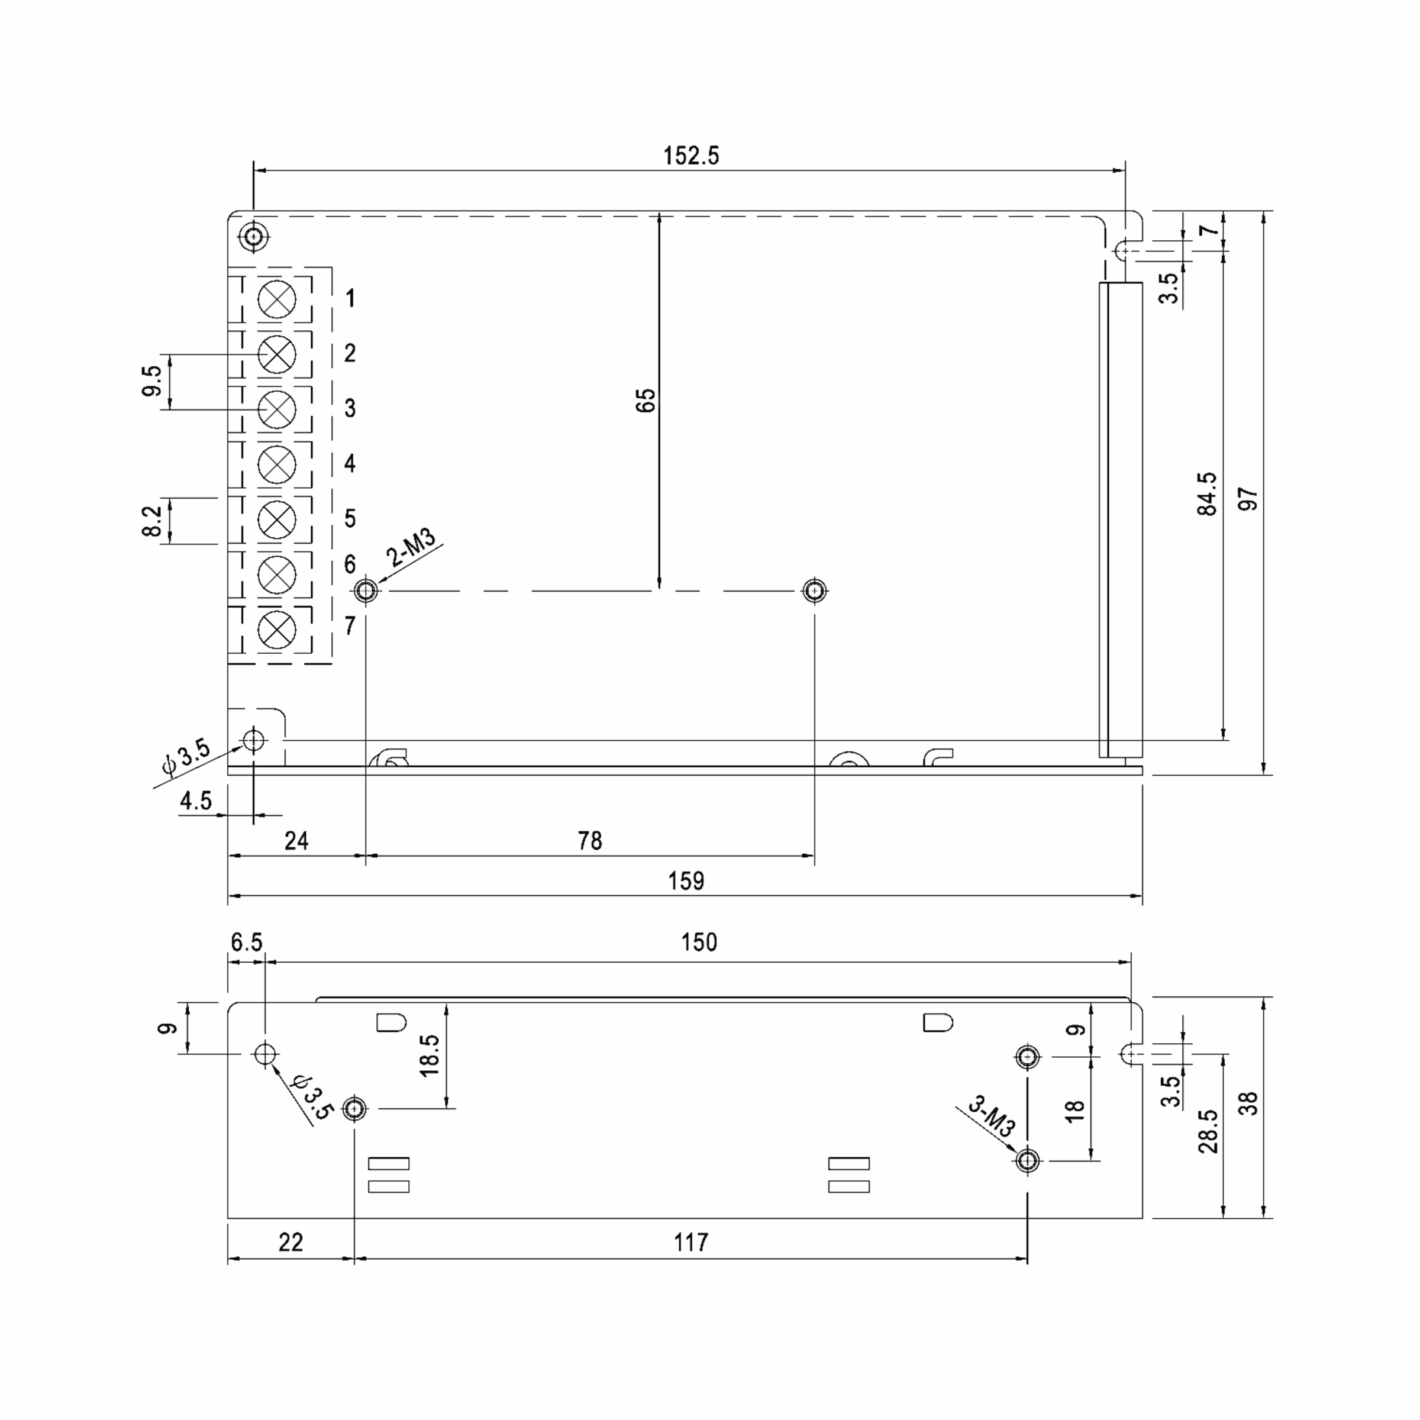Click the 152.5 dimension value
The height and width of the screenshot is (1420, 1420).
pyautogui.click(x=691, y=156)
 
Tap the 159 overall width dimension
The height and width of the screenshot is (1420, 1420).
pyautogui.click(x=686, y=880)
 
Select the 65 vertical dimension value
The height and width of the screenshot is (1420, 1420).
pyautogui.click(x=646, y=400)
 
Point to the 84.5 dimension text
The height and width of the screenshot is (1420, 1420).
pyautogui.click(x=1207, y=494)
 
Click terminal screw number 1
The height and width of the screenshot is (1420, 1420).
pyautogui.click(x=277, y=299)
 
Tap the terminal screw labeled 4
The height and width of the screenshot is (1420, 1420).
pyautogui.click(x=277, y=464)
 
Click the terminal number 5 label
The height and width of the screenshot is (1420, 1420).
pyautogui.click(x=350, y=518)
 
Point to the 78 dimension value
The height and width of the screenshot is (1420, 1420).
pyautogui.click(x=589, y=840)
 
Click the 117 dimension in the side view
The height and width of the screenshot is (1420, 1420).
pyautogui.click(x=691, y=1242)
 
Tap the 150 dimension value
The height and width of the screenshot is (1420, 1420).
pyautogui.click(x=698, y=943)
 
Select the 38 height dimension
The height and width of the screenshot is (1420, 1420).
pyautogui.click(x=1248, y=1104)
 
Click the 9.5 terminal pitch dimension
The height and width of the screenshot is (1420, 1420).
pyautogui.click(x=151, y=380)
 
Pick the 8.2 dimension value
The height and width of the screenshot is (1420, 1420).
pyautogui.click(x=151, y=521)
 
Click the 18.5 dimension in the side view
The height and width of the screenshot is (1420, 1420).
pyautogui.click(x=429, y=1056)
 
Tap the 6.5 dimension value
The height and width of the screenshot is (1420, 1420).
pyautogui.click(x=246, y=943)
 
